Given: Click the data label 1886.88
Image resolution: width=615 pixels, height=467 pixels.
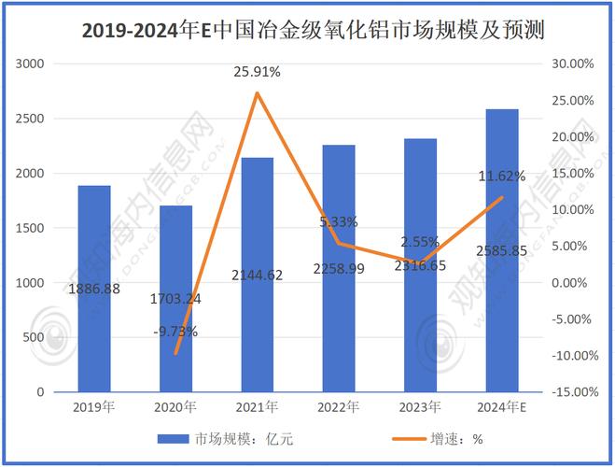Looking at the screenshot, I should tap(93, 290).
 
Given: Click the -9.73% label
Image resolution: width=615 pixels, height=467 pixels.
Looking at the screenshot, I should tap(175, 331).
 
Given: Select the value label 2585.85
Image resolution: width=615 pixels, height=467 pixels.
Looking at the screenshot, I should tap(502, 251).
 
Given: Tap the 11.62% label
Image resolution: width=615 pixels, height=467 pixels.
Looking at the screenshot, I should tap(502, 176).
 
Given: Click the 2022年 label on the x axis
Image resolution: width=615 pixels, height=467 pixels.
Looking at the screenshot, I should tap(339, 407).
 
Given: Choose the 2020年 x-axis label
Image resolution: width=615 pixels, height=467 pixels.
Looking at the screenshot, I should tap(175, 407).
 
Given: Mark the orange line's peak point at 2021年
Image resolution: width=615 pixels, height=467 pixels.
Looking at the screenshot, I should tap(257, 92).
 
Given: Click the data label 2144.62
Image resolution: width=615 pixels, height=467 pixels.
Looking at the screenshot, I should tap(257, 276).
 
